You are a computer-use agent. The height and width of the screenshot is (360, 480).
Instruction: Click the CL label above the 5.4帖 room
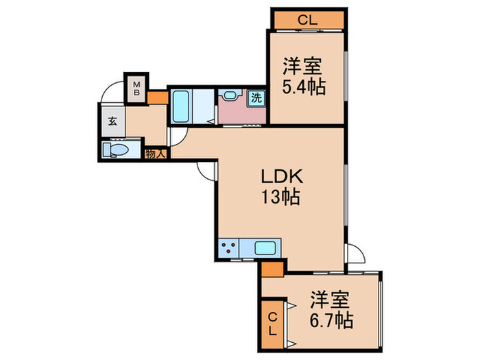(307, 20)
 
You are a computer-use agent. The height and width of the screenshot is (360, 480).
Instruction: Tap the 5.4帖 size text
(304, 87)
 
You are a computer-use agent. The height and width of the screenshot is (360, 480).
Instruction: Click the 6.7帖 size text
(331, 320)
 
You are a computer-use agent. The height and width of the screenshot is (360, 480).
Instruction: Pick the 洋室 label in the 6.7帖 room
(331, 300)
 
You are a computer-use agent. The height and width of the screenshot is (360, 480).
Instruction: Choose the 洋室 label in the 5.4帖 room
(304, 67)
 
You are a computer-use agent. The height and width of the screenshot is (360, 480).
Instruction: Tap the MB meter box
(136, 88)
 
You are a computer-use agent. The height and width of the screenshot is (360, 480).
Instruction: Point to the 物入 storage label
(156, 154)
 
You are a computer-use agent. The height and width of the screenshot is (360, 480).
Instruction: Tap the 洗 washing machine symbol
(256, 97)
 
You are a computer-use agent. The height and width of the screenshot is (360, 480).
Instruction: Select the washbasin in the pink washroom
(230, 97)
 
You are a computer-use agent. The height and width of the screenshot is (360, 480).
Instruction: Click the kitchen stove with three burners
(229, 248)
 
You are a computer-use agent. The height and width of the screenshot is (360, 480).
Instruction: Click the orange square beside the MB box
(157, 97)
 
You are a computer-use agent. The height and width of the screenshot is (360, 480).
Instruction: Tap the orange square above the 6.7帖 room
(272, 268)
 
